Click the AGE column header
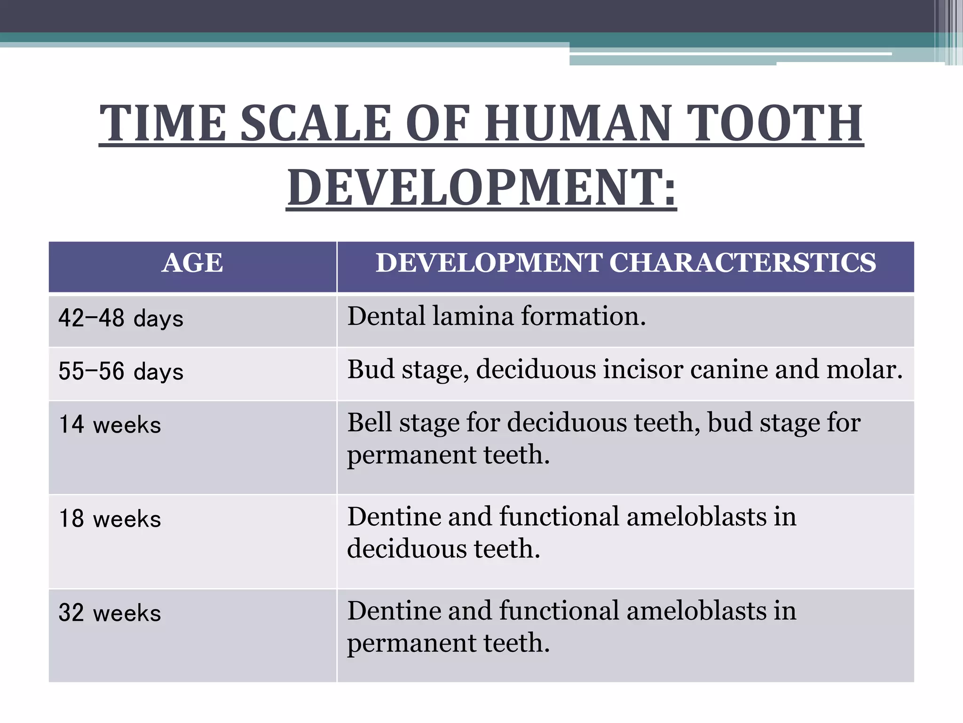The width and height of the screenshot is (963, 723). (x=192, y=263)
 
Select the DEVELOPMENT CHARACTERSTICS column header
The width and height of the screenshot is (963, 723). (x=626, y=263)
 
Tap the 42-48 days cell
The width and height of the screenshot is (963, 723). (x=121, y=318)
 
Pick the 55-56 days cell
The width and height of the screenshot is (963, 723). (x=121, y=371)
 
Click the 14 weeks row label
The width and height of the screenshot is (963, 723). (x=110, y=425)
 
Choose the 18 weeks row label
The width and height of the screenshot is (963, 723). (x=110, y=519)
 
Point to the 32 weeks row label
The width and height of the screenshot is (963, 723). (x=110, y=613)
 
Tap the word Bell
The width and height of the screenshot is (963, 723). (x=370, y=422)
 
